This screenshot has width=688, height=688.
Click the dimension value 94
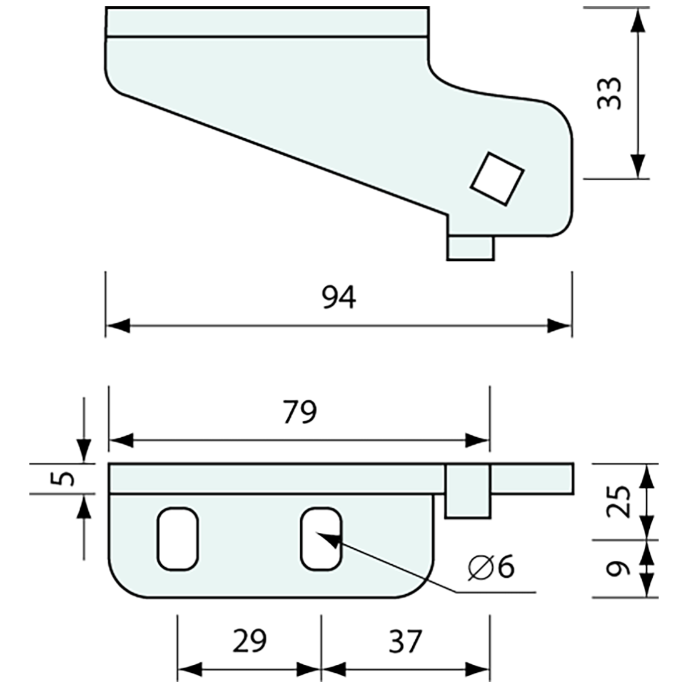339,298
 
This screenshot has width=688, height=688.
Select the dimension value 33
608,94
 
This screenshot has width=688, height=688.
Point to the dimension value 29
248,640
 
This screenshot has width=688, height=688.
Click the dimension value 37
405,640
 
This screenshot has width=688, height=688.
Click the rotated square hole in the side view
497,178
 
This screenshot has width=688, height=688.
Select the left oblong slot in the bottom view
178,539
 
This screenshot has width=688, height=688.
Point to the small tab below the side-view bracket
470,247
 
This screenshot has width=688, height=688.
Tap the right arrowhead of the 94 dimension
559,326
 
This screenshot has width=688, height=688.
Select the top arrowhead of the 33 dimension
637,21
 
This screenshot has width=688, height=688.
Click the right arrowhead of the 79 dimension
478,440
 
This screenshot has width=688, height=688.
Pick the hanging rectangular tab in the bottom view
467,492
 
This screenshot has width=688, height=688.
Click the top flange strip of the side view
268,22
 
